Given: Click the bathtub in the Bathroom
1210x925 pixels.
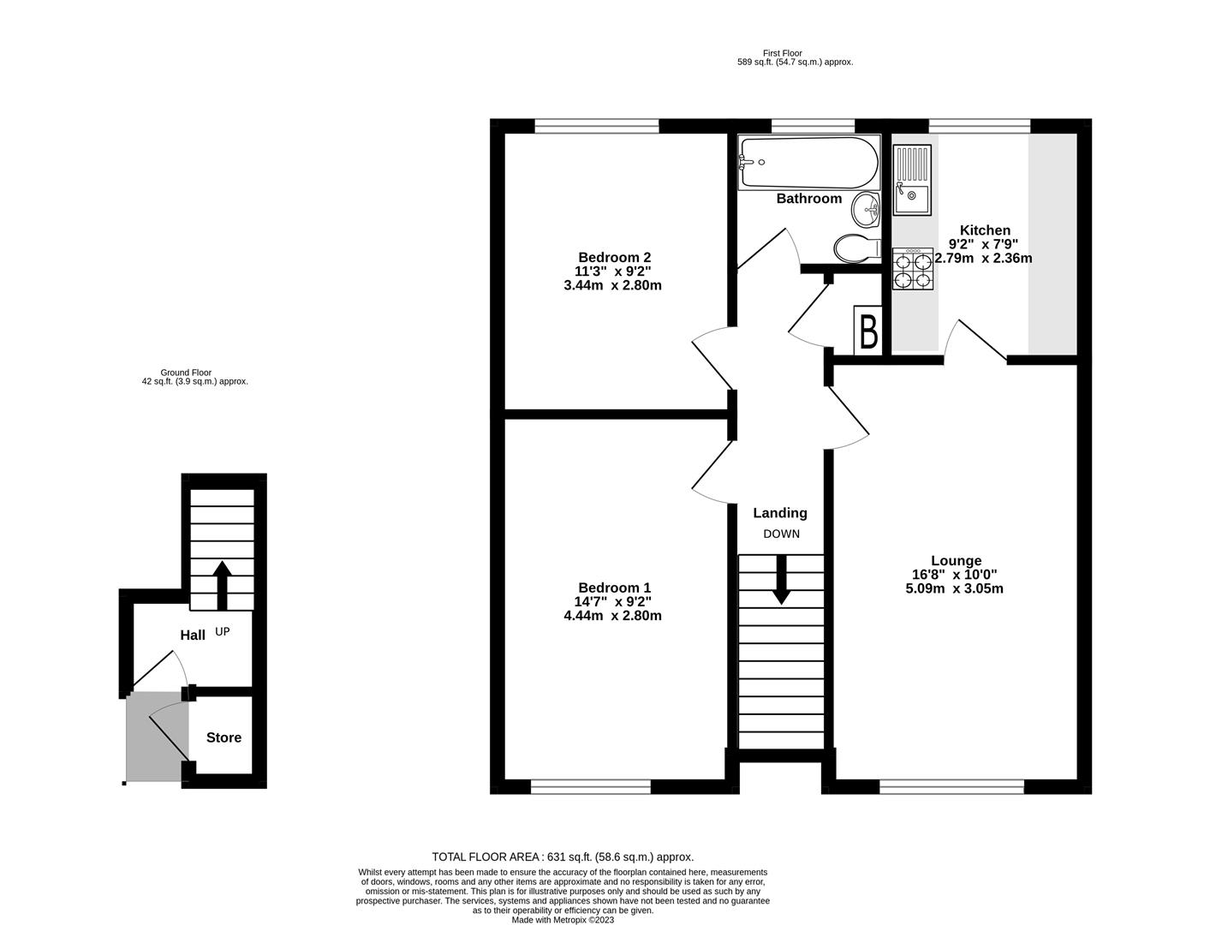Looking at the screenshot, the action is click(x=808, y=163).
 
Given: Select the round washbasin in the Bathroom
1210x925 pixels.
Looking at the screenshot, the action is click(x=866, y=210).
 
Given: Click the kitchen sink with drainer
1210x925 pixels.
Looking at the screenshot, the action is click(x=912, y=180).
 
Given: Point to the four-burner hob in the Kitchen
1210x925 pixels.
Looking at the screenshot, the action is click(x=913, y=269).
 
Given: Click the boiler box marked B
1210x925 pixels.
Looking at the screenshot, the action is click(x=868, y=331).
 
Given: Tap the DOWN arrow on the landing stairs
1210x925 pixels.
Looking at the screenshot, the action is click(x=781, y=579).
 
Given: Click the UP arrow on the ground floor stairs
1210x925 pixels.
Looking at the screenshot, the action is click(x=222, y=586).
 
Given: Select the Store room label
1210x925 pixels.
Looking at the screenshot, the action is click(x=224, y=737).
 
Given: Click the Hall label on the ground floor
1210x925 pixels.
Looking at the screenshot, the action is click(x=193, y=635).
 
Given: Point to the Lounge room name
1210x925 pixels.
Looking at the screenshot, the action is click(x=957, y=561).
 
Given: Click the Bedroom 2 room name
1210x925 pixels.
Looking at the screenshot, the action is click(x=615, y=258).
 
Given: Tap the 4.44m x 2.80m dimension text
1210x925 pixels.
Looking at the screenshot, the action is click(x=612, y=616).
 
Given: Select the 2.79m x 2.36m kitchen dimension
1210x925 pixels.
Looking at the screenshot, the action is click(x=983, y=258).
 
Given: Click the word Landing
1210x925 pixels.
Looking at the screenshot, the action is click(x=780, y=513).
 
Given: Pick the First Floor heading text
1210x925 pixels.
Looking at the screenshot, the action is click(x=782, y=53).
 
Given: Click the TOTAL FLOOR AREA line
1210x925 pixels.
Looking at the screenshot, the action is click(x=563, y=857).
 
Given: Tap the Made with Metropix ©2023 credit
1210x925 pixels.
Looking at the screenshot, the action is click(x=563, y=920).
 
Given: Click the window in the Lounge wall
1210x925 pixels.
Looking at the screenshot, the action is click(x=951, y=787).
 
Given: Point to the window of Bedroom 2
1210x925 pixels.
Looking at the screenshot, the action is click(x=597, y=126).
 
